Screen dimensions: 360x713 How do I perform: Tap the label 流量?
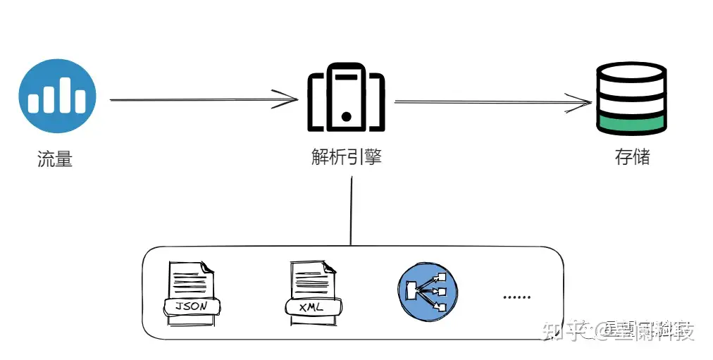pyautogui.click(x=55, y=159)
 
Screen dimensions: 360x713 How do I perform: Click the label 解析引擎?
pyautogui.click(x=346, y=156)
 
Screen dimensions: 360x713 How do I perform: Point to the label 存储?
pyautogui.click(x=632, y=156)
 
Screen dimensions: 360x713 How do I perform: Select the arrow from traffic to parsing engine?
pyautogui.click(x=204, y=99)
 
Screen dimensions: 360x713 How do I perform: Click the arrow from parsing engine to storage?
pyautogui.click(x=493, y=103)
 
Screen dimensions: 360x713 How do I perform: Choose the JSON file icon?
pyautogui.click(x=192, y=293)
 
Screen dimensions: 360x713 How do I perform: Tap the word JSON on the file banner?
pyautogui.click(x=192, y=306)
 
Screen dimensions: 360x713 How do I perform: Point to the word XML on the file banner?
pyautogui.click(x=311, y=307)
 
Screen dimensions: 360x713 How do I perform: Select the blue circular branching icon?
pyautogui.click(x=427, y=290)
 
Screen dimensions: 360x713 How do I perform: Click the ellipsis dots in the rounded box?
pyautogui.click(x=516, y=297)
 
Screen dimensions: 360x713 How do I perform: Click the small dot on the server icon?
pyautogui.click(x=346, y=115)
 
